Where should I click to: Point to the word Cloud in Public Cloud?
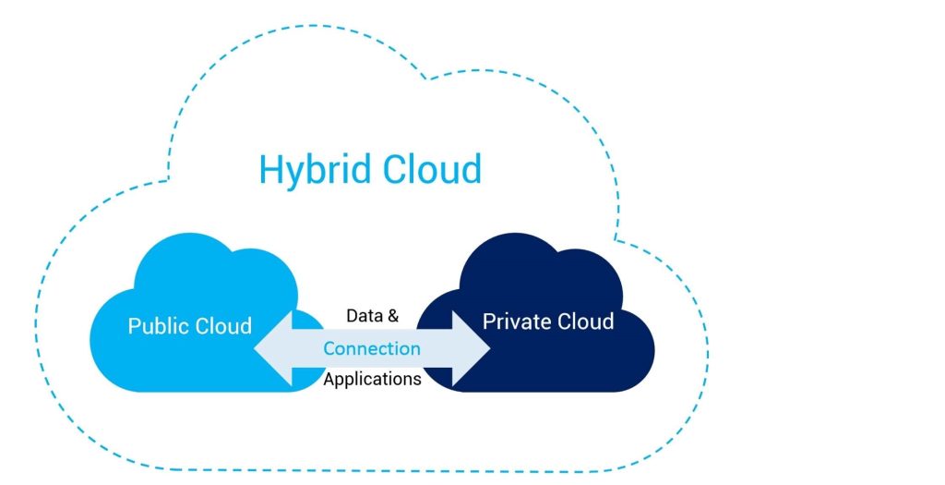tap(223, 326)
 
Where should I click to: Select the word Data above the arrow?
tap(364, 316)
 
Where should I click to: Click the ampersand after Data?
tap(393, 316)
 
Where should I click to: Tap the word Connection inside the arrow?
tap(372, 349)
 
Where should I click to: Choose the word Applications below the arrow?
tap(372, 379)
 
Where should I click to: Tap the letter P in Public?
tap(135, 326)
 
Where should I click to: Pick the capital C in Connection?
tap(329, 349)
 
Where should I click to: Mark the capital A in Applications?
tap(329, 379)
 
